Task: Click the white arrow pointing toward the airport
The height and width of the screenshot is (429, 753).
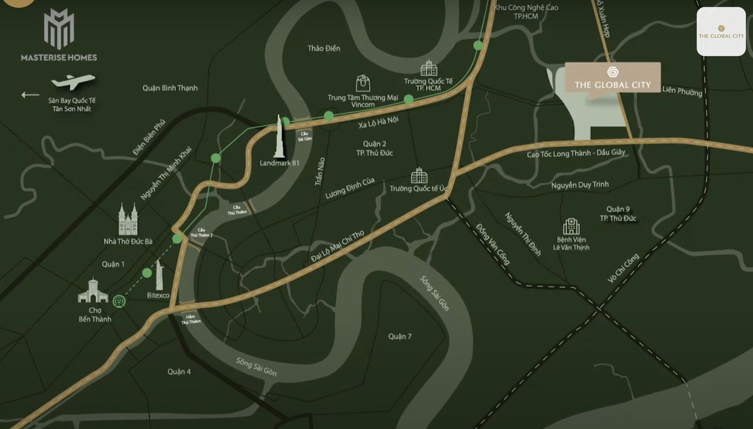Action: tap(30, 95)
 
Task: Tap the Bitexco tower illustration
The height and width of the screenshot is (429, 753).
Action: tap(159, 275)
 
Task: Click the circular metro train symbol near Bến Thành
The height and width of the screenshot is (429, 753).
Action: tap(119, 301)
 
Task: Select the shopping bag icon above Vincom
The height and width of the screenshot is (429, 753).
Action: tap(363, 83)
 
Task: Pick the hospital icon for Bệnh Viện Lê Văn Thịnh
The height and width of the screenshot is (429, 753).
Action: tap(571, 226)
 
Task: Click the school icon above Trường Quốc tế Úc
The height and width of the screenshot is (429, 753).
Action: tap(419, 176)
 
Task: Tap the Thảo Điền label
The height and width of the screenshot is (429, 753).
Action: tap(324, 49)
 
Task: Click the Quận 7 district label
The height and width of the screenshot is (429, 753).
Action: tap(400, 337)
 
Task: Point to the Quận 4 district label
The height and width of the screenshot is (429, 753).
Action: tap(179, 372)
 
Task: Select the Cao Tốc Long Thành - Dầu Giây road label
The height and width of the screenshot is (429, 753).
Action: tap(576, 153)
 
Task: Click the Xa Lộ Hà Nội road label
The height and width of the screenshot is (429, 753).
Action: tap(378, 122)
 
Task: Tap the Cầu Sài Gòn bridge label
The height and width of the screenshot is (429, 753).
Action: tap(305, 136)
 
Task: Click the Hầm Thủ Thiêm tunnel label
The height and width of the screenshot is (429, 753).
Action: tap(191, 319)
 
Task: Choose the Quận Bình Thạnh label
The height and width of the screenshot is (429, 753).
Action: tap(170, 88)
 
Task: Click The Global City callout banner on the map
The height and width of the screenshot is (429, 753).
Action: tap(613, 78)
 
